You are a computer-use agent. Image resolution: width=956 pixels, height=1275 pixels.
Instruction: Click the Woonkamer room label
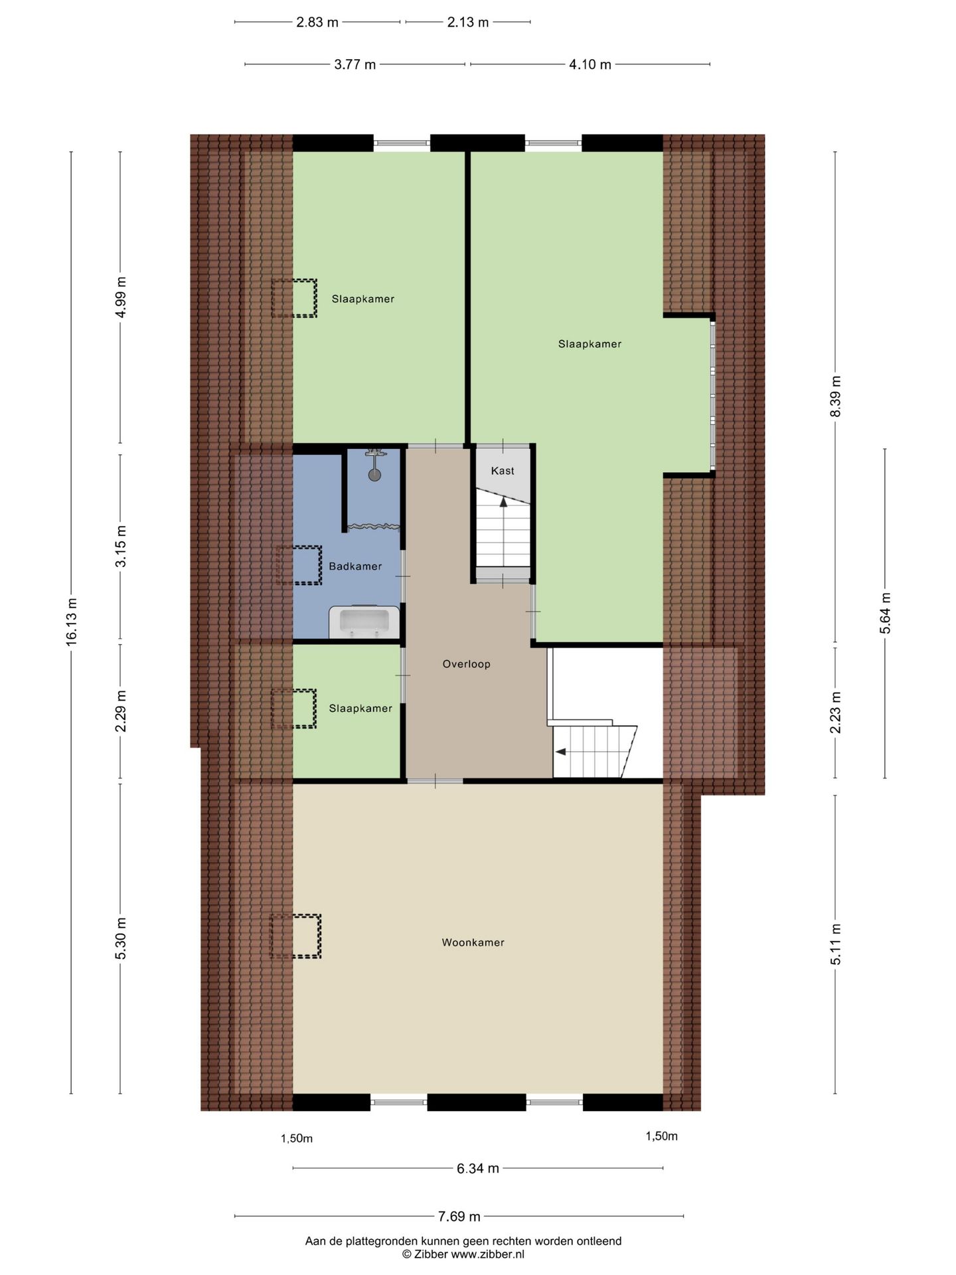point(473,942)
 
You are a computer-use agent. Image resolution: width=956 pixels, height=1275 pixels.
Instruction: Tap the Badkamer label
point(355,566)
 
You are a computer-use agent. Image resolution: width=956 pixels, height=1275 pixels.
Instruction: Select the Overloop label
point(466,664)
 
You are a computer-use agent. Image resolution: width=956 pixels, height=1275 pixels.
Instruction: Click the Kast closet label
point(503,471)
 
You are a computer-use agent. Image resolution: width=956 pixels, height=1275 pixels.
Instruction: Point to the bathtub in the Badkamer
point(364,622)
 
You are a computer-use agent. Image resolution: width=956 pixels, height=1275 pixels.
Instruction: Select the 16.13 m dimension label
point(72,621)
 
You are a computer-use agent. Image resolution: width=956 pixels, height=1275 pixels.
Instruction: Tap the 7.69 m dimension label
point(459,1217)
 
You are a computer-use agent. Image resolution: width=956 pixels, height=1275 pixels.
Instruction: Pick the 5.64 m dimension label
point(885,612)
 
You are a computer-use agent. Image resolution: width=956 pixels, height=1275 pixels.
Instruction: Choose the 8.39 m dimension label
point(835,396)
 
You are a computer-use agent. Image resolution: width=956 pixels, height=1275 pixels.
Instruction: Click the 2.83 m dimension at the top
point(317,22)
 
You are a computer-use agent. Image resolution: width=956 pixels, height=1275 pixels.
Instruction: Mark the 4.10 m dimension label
point(590,64)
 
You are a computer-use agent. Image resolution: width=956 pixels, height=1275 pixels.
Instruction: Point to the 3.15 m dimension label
point(121,547)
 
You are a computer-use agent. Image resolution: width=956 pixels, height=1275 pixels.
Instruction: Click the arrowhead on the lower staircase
point(560,752)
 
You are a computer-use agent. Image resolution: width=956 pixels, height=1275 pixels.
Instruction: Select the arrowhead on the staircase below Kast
point(503,502)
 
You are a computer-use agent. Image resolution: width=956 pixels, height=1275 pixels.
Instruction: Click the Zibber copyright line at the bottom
point(463,1254)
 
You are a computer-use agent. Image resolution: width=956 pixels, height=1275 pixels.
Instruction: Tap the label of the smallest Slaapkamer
point(360,709)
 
